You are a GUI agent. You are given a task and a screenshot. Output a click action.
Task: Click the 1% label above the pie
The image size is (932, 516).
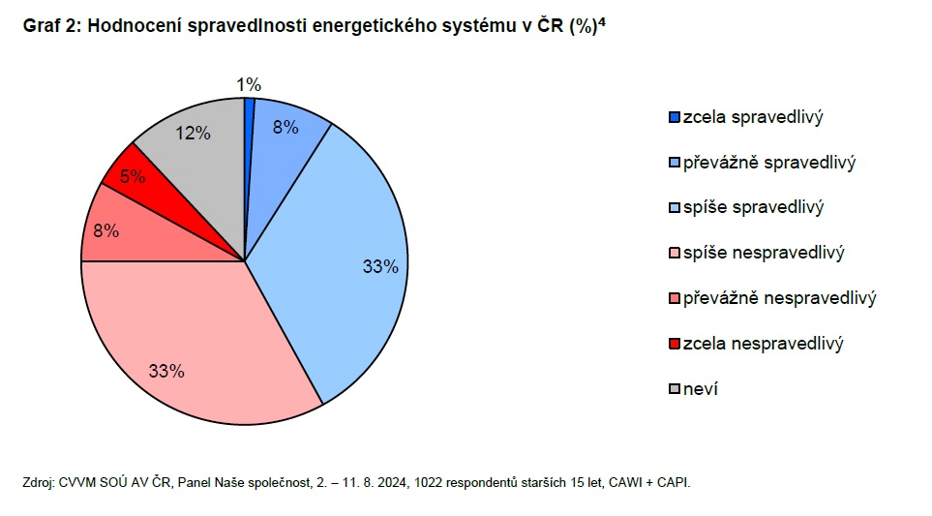click(249, 86)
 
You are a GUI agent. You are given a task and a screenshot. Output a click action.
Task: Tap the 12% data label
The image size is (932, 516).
click(193, 134)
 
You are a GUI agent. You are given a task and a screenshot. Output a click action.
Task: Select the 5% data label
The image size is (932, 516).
click(132, 177)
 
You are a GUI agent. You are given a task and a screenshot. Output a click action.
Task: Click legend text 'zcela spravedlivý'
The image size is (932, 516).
click(752, 117)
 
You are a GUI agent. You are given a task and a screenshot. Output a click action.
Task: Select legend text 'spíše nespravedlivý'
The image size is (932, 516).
click(764, 253)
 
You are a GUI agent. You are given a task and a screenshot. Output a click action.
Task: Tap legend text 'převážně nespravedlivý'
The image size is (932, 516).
click(779, 298)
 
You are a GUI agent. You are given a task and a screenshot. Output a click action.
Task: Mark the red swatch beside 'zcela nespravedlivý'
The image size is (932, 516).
click(674, 344)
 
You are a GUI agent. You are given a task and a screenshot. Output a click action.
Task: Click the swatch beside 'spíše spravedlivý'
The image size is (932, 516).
click(674, 208)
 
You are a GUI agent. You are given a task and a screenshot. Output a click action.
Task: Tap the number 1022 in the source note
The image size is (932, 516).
click(429, 481)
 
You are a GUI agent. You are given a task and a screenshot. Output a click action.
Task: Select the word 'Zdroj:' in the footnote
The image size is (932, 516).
click(38, 481)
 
